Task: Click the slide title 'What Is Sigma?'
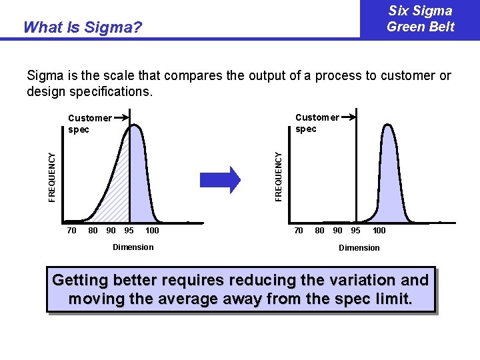[82, 27]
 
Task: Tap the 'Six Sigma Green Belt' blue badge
[420, 19]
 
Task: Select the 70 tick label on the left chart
[72, 231]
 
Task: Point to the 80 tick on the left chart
[93, 231]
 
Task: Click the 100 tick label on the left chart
[152, 231]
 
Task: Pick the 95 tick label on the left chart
[129, 231]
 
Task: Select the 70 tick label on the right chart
[299, 231]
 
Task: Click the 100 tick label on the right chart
[379, 231]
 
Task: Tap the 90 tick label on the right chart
[338, 231]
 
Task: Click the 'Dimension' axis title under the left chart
[133, 247]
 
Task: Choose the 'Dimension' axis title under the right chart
[359, 248]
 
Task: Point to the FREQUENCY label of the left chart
[52, 175]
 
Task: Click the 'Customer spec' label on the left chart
[89, 123]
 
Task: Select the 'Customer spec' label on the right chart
[316, 123]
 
